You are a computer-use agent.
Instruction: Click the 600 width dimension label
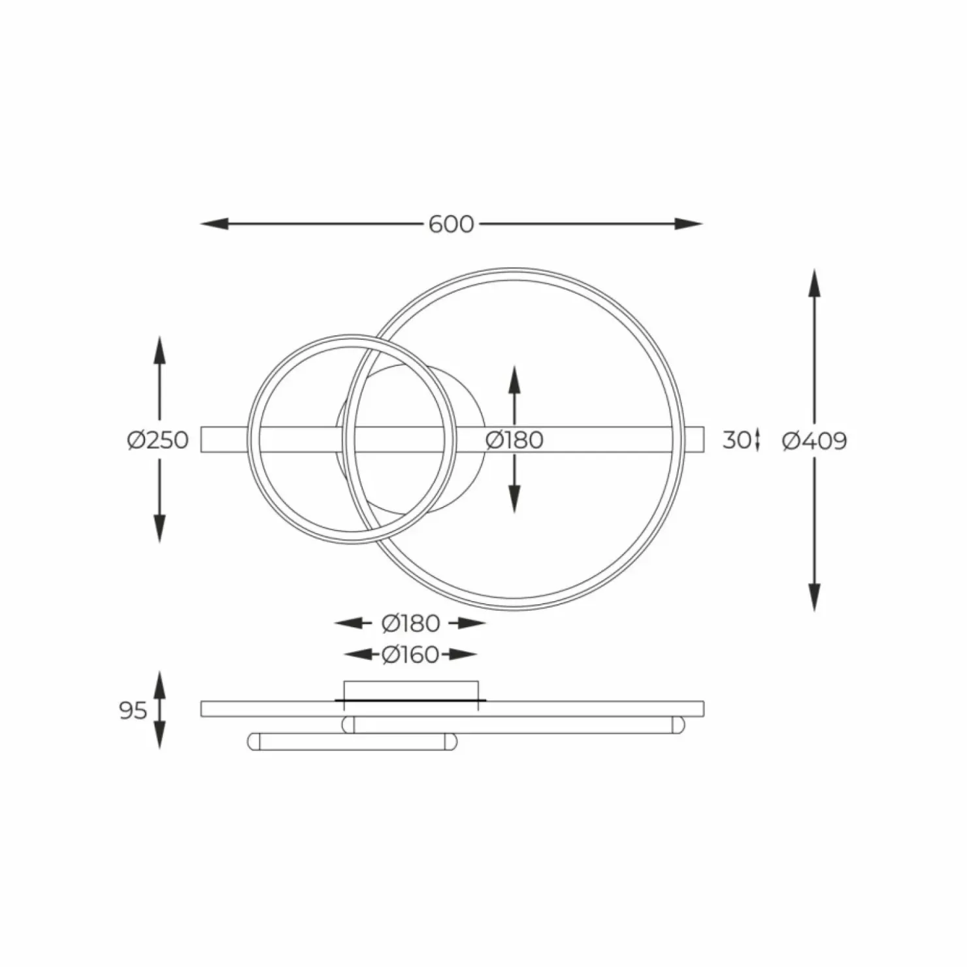(451, 224)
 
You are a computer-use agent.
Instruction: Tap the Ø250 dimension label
(158, 440)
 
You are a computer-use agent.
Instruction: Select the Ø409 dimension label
(814, 441)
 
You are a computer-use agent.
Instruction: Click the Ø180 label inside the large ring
(514, 440)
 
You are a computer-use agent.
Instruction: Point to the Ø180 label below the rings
(410, 623)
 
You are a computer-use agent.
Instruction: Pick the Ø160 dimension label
(410, 654)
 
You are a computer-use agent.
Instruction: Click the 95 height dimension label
(133, 710)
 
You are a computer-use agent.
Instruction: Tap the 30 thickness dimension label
(736, 440)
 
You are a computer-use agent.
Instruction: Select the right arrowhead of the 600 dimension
(689, 224)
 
